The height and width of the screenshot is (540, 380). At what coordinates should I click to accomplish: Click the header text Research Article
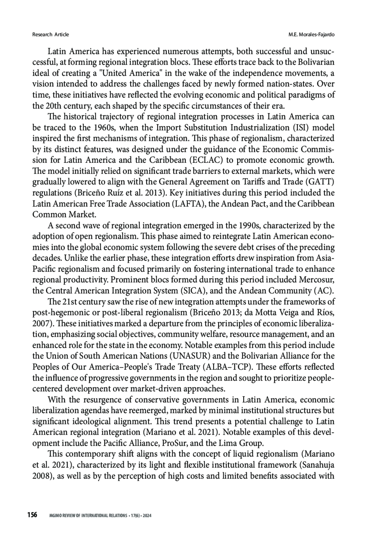click(50, 34)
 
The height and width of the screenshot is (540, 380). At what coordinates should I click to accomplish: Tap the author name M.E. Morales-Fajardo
click(312, 34)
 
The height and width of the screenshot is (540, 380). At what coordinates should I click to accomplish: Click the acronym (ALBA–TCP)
click(227, 367)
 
